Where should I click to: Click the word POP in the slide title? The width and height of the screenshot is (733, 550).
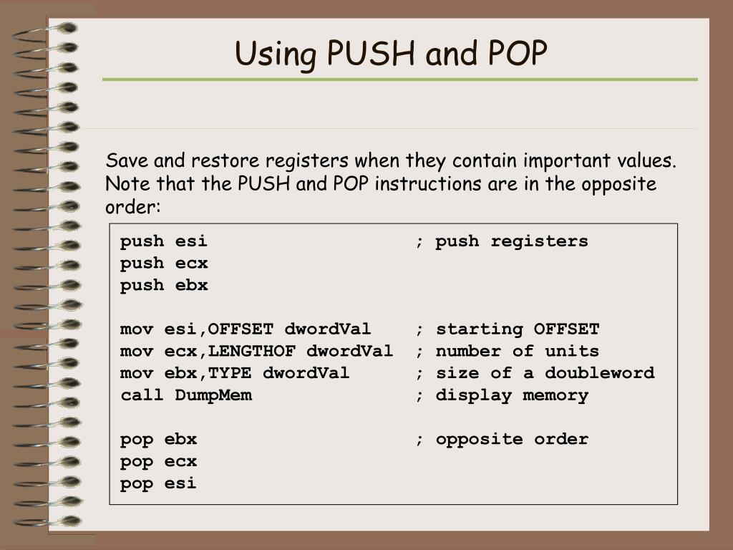519,54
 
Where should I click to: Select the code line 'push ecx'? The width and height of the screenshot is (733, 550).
164,263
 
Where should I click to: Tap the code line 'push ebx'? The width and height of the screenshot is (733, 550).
164,285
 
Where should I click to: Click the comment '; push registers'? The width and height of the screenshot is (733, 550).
502,241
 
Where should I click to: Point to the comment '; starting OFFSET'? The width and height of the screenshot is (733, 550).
508,329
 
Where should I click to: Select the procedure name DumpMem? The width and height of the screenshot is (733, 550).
213,395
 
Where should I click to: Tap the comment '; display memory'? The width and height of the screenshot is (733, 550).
502,395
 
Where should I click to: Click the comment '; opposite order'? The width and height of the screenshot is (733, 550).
502,439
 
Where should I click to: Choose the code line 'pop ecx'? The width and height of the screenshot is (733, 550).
158,461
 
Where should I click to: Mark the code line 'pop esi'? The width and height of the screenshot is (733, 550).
158,483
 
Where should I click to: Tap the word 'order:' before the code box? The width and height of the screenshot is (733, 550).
134,208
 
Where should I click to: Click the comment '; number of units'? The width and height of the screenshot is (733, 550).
508,351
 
